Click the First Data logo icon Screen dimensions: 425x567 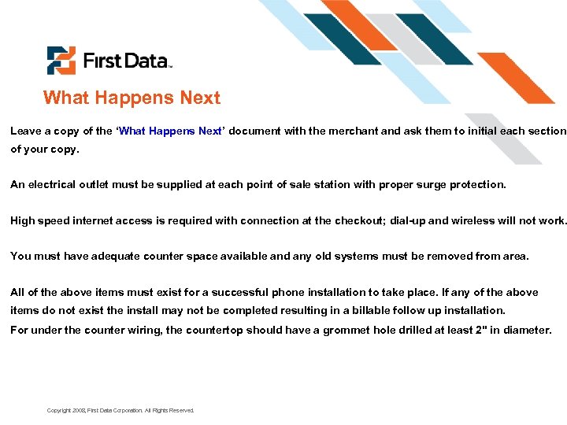coord(61,61)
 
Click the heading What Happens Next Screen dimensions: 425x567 coord(132,98)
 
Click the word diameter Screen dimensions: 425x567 coord(524,330)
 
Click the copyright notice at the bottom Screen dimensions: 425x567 coord(120,411)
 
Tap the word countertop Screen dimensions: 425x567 coord(214,330)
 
